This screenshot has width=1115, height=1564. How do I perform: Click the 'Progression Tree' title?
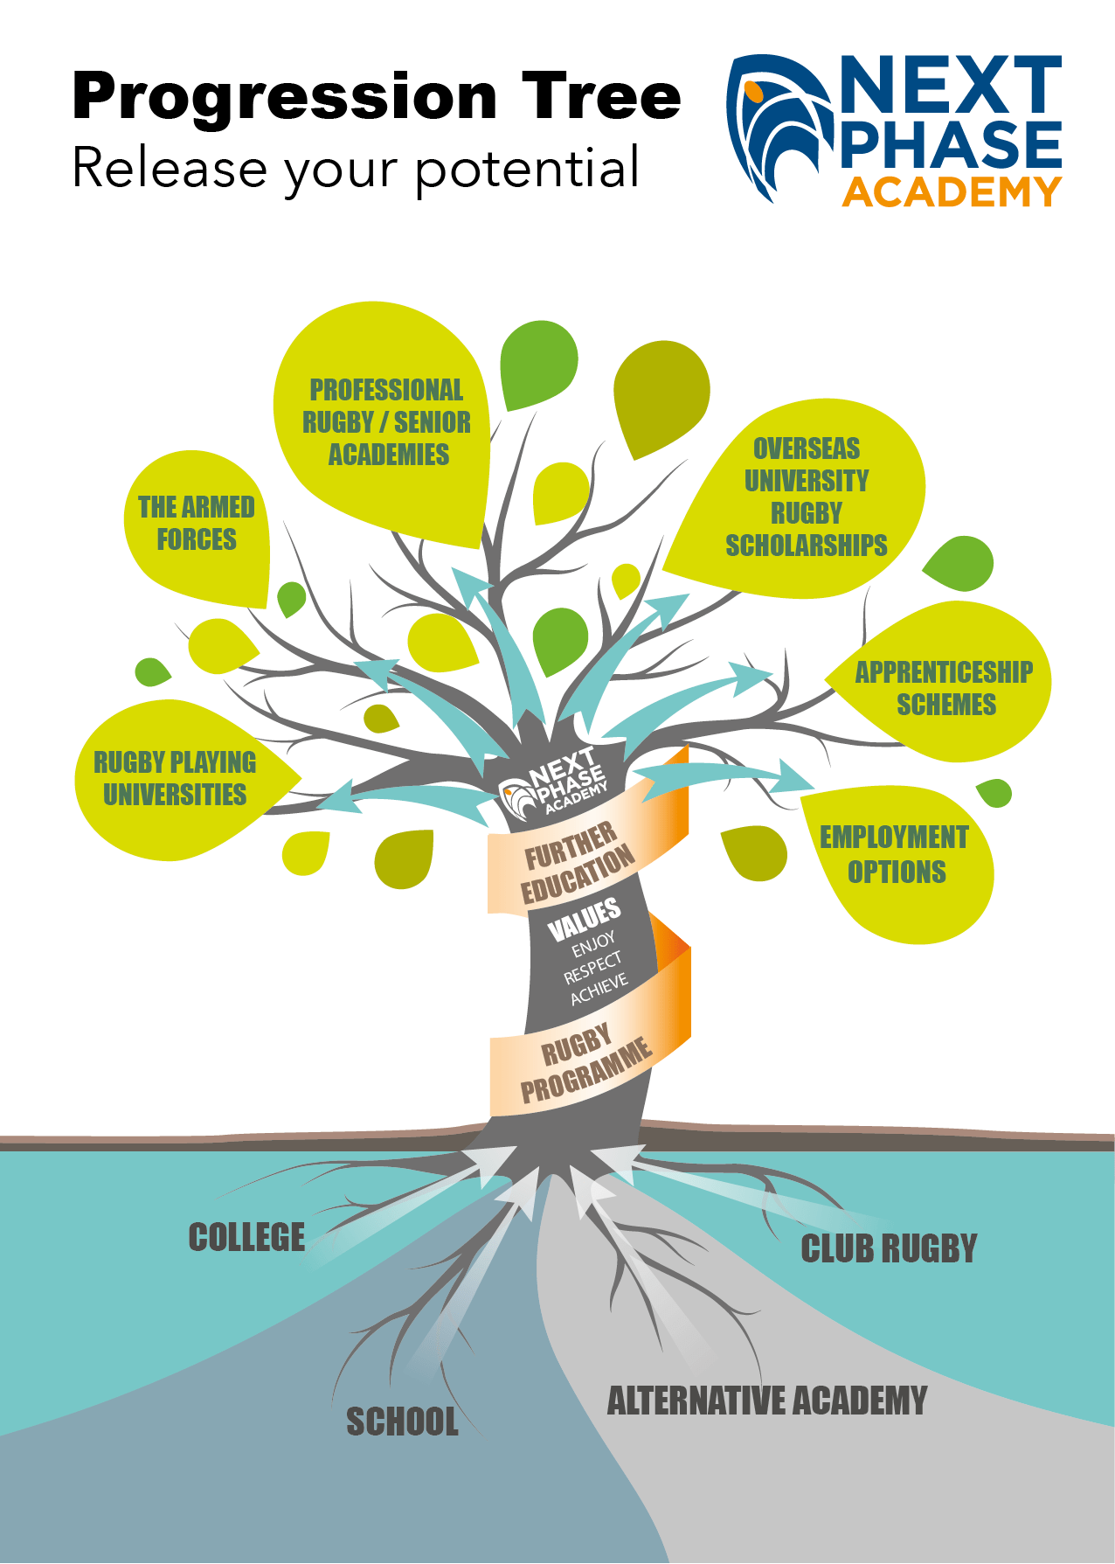[376, 96]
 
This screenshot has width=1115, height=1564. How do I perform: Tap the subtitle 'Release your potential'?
[356, 168]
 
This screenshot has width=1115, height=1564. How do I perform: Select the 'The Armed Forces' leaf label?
[197, 523]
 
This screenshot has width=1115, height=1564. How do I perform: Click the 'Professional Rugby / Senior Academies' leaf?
[386, 422]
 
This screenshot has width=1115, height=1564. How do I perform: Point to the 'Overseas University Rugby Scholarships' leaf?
[806, 497]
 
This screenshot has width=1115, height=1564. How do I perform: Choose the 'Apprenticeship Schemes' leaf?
[945, 687]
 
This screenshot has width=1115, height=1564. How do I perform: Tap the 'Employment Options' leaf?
[895, 854]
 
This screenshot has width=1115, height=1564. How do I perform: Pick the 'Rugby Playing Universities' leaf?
[175, 778]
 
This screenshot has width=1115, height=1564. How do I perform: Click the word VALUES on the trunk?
[584, 918]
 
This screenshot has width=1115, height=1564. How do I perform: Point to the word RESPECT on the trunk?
[592, 968]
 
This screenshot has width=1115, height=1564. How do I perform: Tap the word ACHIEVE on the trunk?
[599, 989]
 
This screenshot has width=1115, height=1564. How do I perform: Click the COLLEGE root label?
[246, 1237]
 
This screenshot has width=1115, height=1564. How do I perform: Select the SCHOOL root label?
[402, 1422]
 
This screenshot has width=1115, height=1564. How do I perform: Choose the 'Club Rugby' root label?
[888, 1248]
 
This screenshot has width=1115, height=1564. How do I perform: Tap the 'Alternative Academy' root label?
[766, 1401]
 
